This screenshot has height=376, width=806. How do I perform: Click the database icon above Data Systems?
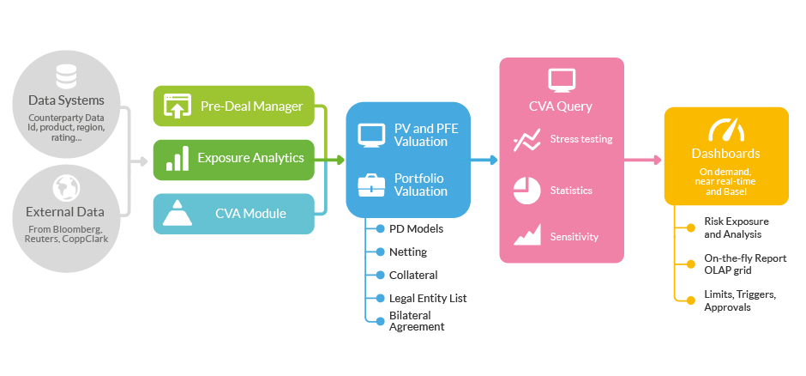point(66,78)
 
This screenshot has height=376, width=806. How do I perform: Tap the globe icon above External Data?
point(66,189)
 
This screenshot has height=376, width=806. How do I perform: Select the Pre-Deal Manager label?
point(252,106)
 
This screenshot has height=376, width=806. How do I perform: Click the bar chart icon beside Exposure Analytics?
point(177,159)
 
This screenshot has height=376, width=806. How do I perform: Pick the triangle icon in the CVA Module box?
point(177,213)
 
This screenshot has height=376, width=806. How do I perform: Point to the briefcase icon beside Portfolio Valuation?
point(371,185)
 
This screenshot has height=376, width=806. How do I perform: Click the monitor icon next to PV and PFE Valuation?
point(371,136)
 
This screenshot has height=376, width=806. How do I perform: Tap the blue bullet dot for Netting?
point(381,252)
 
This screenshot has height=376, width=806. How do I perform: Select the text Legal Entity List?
point(428,299)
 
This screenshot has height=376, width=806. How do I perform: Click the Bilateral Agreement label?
point(417,321)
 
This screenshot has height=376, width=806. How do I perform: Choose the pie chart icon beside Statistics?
point(526,191)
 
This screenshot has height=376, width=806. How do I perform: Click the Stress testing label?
point(581,139)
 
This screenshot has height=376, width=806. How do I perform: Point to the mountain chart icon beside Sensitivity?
point(526,234)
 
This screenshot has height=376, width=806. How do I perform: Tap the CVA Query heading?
point(561,106)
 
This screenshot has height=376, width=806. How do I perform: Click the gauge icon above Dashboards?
point(725,130)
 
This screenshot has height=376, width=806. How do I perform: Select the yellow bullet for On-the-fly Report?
point(691,264)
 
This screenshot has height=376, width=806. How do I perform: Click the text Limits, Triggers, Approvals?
point(740,301)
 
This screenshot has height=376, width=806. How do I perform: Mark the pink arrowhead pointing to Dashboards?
point(657,160)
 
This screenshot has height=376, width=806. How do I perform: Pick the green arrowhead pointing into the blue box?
point(340,160)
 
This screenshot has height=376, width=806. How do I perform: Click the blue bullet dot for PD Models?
point(381,229)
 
